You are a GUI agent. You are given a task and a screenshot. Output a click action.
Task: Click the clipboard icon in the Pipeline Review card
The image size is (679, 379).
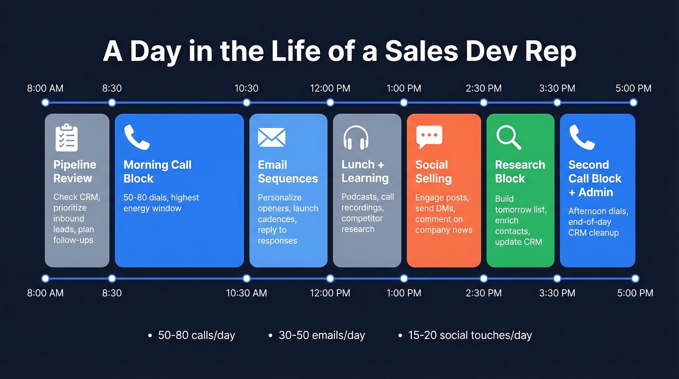pyautogui.click(x=66, y=137)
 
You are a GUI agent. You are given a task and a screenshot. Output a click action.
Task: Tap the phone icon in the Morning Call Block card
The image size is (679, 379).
pyautogui.click(x=137, y=137)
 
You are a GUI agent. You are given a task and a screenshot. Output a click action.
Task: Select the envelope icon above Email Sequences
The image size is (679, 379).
pyautogui.click(x=272, y=137)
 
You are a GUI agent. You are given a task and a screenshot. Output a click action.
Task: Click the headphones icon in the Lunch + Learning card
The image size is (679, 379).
pyautogui.click(x=356, y=137)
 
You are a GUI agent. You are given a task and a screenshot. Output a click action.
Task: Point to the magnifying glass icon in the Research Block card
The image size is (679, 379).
pyautogui.click(x=509, y=137)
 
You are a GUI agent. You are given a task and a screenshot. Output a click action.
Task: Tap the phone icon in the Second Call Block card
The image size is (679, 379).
pyautogui.click(x=582, y=137)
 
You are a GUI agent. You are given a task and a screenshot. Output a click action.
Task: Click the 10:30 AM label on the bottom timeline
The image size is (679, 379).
pyautogui.click(x=246, y=293)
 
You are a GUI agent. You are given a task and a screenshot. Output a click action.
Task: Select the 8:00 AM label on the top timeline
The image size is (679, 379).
pyautogui.click(x=45, y=88)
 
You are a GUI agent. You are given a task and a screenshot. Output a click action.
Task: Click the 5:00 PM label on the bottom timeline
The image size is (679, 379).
pyautogui.click(x=635, y=293)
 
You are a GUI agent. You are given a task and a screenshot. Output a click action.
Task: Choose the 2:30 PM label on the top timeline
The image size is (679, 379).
pyautogui.click(x=484, y=88)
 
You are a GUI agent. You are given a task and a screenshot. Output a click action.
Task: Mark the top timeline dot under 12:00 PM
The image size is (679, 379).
pyautogui.click(x=330, y=102)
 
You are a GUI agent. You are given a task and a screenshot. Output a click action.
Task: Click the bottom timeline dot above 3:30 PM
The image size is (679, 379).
pyautogui.click(x=557, y=279)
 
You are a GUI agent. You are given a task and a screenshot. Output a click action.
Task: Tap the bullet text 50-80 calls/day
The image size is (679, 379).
pyautogui.click(x=196, y=335)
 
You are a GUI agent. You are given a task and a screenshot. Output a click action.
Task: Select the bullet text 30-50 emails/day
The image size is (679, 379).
pyautogui.click(x=322, y=335)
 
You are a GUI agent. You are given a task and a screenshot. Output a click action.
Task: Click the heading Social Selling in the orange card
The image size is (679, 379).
pyautogui.click(x=433, y=171)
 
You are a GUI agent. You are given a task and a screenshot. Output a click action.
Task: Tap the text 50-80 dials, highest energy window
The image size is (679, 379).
pyautogui.click(x=161, y=203)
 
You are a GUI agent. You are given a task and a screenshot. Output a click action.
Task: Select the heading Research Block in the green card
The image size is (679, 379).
pyautogui.click(x=519, y=171)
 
